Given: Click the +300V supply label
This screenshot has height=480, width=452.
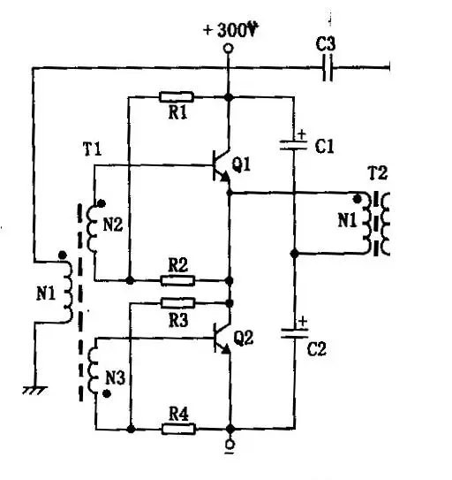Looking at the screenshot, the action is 231,30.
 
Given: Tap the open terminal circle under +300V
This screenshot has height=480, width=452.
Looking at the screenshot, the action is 228,48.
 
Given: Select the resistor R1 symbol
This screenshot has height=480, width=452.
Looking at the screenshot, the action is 177,96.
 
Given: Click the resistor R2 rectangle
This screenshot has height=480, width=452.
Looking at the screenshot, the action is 177,280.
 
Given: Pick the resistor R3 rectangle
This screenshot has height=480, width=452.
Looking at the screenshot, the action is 177,302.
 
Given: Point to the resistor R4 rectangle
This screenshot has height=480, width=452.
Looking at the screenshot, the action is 178,429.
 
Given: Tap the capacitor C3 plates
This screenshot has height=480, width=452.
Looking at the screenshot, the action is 328,68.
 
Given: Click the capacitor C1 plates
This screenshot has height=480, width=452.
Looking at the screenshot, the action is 294,145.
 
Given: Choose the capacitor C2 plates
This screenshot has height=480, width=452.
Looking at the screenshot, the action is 295,333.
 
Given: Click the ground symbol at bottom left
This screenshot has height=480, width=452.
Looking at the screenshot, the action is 34,390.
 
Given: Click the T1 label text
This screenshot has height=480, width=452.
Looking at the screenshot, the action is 92,149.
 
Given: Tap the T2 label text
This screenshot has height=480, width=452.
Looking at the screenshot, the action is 378,173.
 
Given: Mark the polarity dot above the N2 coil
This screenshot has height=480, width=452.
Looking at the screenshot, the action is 102,203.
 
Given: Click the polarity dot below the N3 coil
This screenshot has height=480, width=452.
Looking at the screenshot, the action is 107,393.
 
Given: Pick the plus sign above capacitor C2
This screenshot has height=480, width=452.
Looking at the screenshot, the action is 303,321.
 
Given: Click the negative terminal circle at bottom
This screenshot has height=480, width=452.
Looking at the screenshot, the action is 230,444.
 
